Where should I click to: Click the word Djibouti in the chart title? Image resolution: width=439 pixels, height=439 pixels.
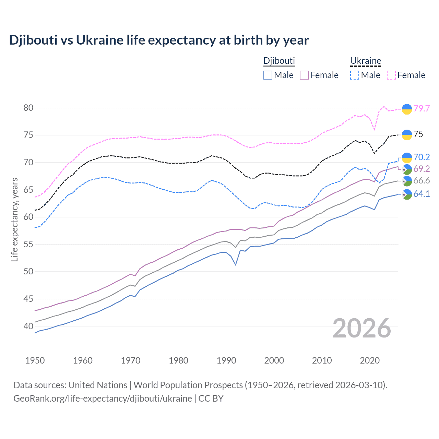click(33, 40)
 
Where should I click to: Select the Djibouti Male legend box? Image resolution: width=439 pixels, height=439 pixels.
click(268, 75)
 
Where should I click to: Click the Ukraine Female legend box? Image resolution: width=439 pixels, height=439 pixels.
click(391, 75)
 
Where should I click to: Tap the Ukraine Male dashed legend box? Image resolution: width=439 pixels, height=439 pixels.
click(355, 75)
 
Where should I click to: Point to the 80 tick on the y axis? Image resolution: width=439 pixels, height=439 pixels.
click(28, 108)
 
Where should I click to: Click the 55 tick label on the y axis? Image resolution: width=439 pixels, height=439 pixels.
click(28, 244)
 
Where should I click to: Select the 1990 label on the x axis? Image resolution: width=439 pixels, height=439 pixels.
click(226, 360)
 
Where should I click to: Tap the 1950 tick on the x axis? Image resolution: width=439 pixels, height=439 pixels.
click(35, 360)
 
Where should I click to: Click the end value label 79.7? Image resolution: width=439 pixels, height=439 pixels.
click(422, 108)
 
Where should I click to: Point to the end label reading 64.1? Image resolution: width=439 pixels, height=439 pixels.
click(422, 194)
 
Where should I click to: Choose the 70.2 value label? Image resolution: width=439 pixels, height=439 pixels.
click(422, 157)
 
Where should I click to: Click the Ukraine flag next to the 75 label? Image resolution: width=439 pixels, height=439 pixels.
click(407, 135)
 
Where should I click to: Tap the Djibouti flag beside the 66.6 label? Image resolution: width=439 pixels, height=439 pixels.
click(407, 181)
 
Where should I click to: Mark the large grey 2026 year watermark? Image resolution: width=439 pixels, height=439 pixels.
click(362, 328)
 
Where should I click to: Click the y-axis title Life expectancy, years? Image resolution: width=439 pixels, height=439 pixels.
click(14, 219)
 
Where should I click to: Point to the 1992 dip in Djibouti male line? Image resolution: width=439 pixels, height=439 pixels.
click(236, 264)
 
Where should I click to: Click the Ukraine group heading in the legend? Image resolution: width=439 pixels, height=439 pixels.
click(366, 61)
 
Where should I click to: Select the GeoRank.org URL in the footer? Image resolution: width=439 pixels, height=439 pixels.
click(103, 399)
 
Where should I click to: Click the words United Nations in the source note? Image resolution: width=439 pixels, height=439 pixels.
click(98, 385)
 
